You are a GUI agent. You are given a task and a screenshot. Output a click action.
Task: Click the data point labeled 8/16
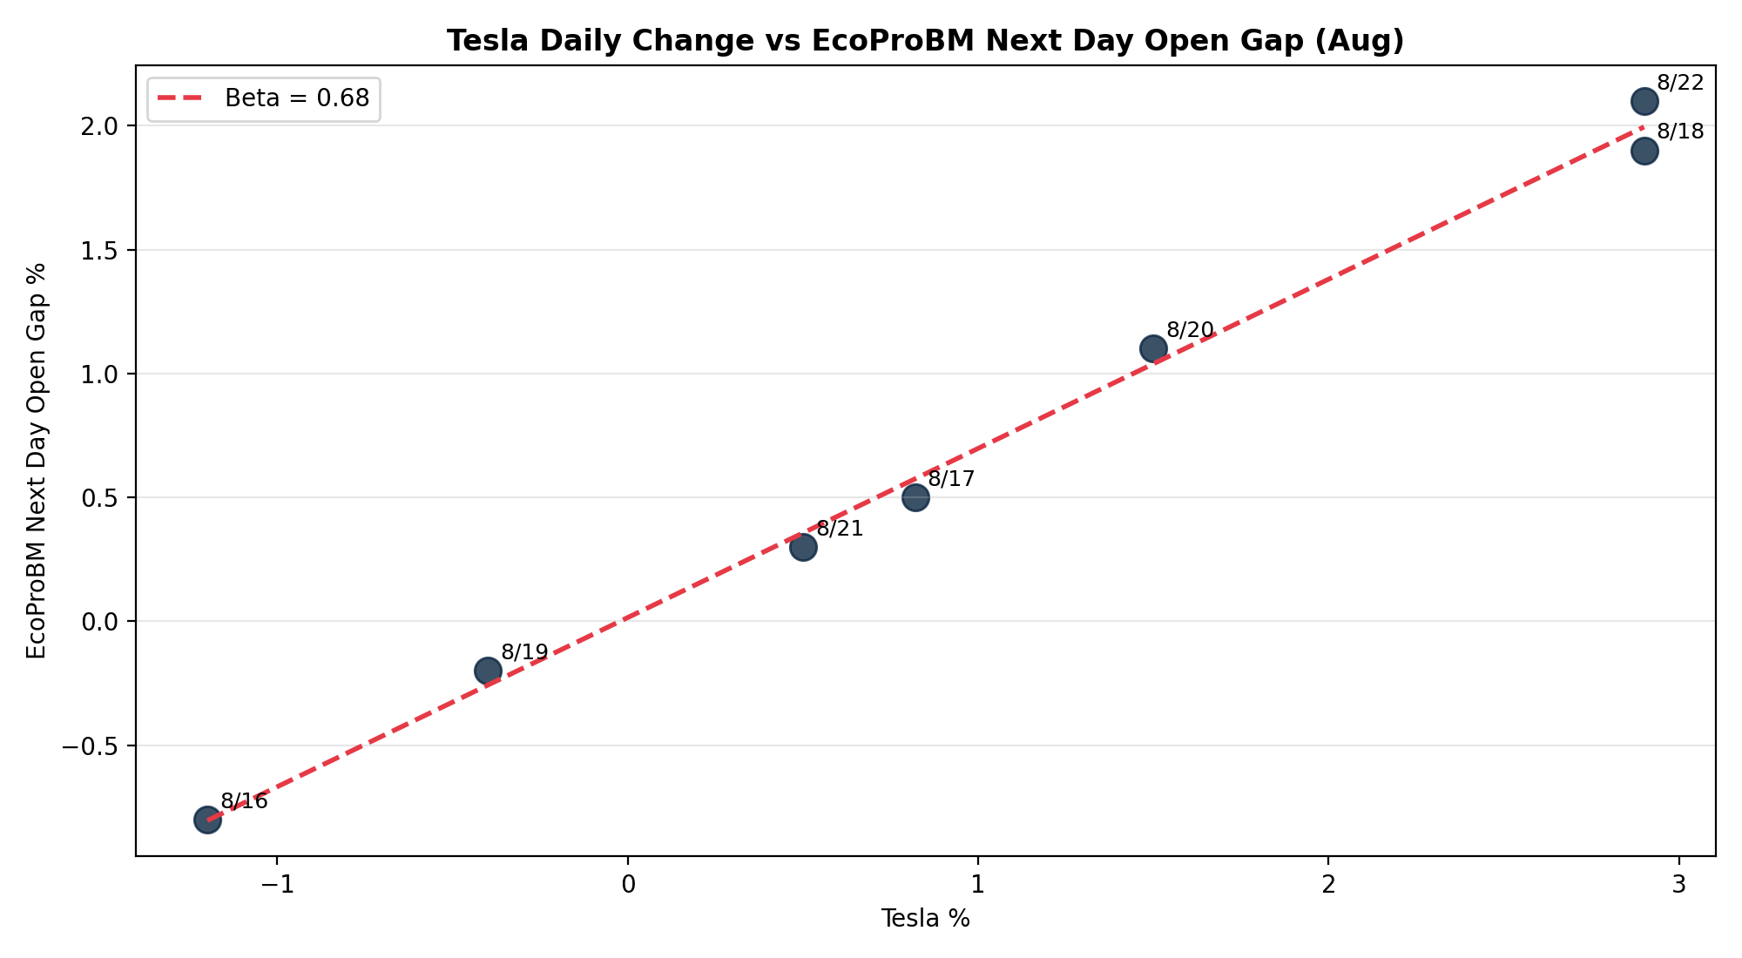207,820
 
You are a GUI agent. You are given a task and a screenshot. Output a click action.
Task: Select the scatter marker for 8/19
488,671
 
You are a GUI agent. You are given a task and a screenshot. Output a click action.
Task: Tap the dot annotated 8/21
803,547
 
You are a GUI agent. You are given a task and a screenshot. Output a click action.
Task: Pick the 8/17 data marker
915,497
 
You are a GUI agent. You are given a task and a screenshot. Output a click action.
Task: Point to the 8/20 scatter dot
1153,348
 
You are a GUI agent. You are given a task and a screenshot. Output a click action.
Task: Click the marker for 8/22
1644,101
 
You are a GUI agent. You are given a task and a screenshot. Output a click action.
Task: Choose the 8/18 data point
1644,151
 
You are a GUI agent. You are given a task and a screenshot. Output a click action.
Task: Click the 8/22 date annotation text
1680,83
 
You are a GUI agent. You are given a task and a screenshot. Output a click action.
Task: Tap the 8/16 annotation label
244,801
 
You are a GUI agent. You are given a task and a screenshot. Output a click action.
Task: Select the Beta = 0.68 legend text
297,98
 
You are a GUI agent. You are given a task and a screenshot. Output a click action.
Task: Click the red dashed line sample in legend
179,98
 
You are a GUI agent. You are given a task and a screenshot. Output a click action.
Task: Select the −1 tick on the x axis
277,885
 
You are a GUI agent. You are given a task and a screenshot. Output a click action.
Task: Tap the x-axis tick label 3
1678,885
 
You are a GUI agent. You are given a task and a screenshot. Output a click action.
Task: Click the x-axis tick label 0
627,885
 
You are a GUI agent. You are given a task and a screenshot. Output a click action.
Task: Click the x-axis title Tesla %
925,919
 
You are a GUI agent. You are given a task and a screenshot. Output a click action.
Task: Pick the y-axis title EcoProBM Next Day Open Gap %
37,461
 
